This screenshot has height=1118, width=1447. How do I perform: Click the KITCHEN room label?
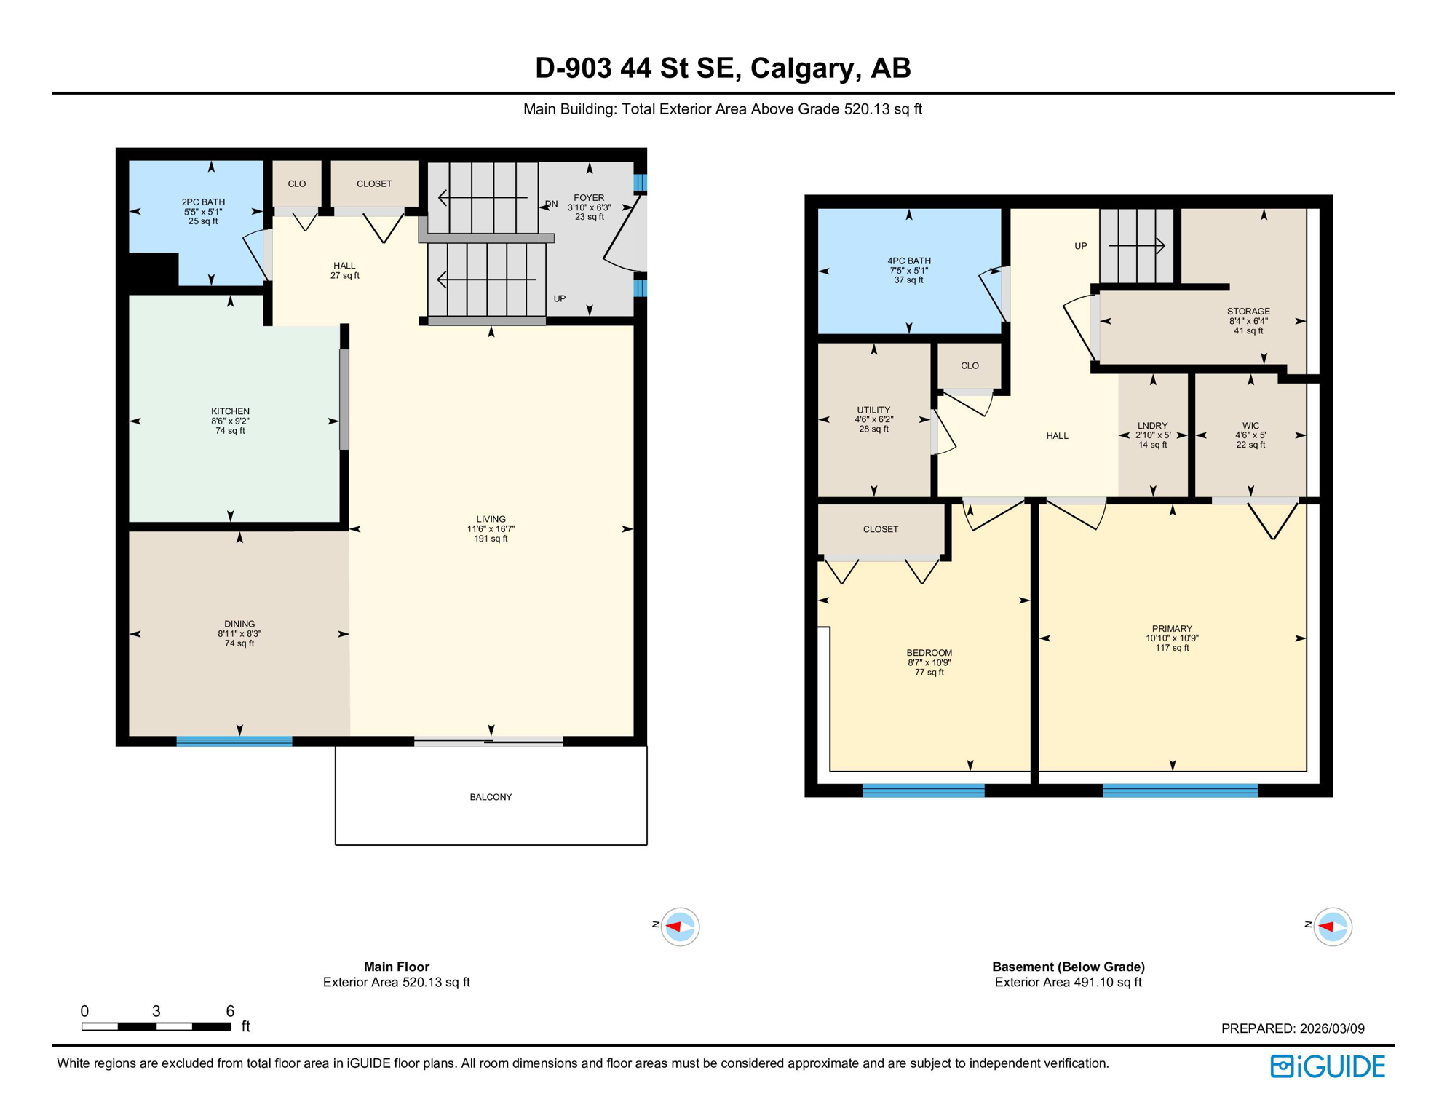coord(230,412)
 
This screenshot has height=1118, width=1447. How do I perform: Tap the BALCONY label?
coord(491,797)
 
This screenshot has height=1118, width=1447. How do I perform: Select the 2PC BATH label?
coord(203,202)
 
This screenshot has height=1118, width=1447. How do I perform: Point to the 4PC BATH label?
coord(908,261)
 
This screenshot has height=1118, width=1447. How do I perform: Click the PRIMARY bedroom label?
coord(1172,629)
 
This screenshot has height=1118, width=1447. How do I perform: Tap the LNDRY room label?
coord(1152,426)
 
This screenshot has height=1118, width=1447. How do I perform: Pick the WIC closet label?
coord(1250,426)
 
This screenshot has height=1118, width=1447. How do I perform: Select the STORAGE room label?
coord(1248,312)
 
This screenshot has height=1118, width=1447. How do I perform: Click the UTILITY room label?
coord(873,410)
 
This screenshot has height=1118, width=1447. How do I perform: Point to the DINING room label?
coord(239,624)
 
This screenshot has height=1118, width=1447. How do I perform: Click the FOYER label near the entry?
coord(589,198)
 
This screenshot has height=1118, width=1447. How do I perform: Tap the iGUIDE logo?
coord(1328,1066)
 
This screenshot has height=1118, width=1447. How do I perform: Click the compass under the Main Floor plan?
coord(680,927)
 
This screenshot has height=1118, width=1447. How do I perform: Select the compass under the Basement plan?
coord(1332,927)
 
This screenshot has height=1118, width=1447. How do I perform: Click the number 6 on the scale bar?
coord(230,1011)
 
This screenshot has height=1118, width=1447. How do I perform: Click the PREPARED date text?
coord(1293,1028)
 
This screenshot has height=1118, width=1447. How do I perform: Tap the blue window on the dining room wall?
coord(234,741)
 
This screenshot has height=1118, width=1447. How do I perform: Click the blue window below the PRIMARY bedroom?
coord(1179,790)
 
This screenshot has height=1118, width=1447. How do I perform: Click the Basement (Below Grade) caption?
coord(1068,967)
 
